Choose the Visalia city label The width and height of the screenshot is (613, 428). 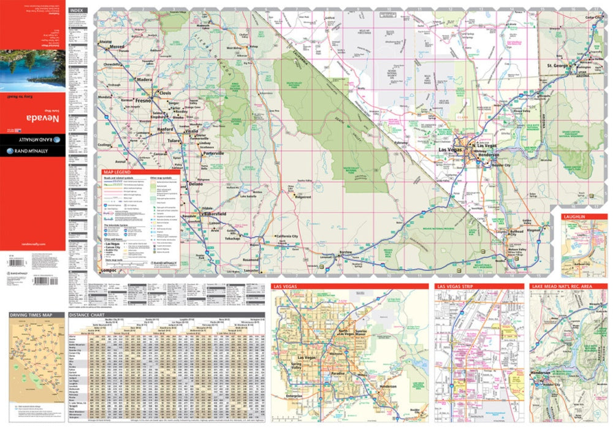pos(191,131)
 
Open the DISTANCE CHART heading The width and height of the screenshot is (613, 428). pos(86,315)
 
